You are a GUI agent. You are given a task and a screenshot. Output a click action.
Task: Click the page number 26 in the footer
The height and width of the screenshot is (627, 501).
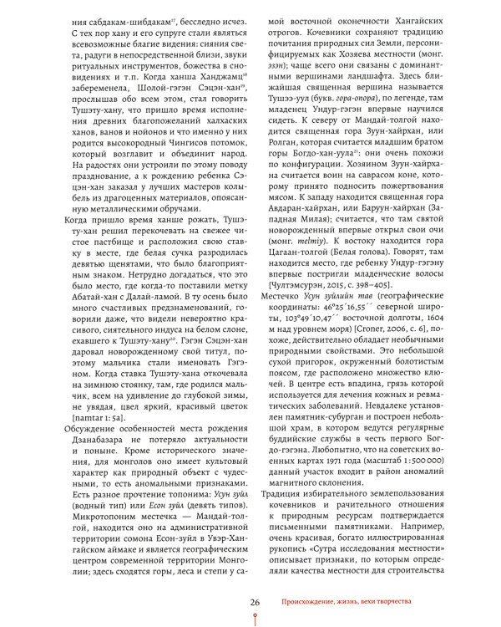coord(256,600)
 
